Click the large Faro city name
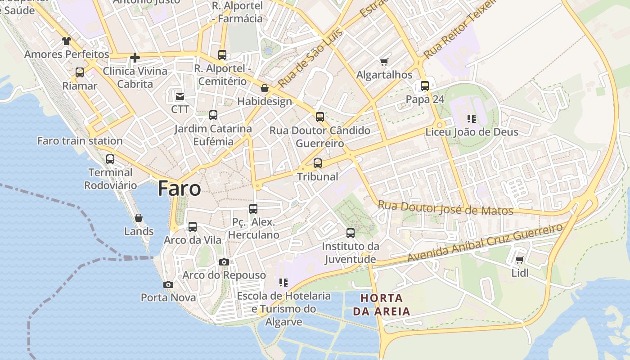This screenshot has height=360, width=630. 179,189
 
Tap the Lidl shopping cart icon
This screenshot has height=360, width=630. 520,260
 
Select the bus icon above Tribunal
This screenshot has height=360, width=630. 318,163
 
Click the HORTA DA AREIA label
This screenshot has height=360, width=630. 381,305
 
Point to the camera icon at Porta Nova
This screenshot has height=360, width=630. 168,284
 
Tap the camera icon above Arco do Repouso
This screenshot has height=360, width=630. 224,262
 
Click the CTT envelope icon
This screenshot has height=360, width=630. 180,96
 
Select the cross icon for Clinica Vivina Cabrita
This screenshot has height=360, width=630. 135,58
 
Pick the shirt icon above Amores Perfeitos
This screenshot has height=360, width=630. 67,41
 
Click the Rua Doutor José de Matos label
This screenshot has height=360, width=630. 445,208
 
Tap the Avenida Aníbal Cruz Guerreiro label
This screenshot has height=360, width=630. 485,243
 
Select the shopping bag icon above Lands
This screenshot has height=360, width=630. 139,218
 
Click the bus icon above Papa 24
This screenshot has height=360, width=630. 425,85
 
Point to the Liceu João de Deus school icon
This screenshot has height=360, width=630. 472,119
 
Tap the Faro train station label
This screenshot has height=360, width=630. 80,141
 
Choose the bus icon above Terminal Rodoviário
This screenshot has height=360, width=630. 110,159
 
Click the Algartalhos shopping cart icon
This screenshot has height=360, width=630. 384,62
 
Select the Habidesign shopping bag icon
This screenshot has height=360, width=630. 265,88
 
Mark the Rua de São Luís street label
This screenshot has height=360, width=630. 310,57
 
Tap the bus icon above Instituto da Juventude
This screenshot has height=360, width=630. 351,233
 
